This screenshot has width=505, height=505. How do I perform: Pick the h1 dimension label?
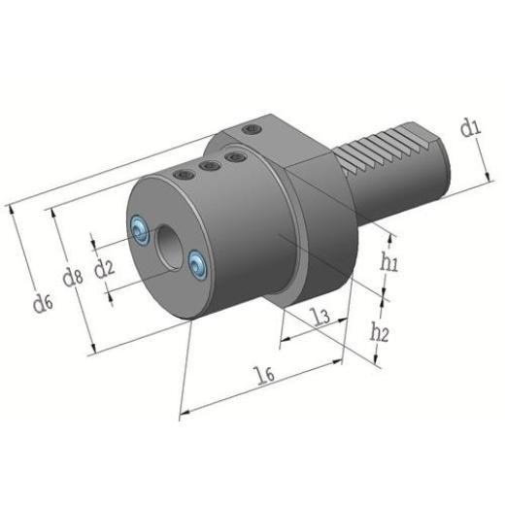click(x=389, y=261)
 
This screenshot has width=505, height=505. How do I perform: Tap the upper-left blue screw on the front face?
click(x=139, y=227)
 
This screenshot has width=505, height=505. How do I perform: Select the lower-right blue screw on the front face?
click(x=200, y=261)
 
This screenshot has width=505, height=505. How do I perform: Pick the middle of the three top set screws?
click(x=207, y=166)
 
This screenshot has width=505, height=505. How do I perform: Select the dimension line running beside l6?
click(x=262, y=390)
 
